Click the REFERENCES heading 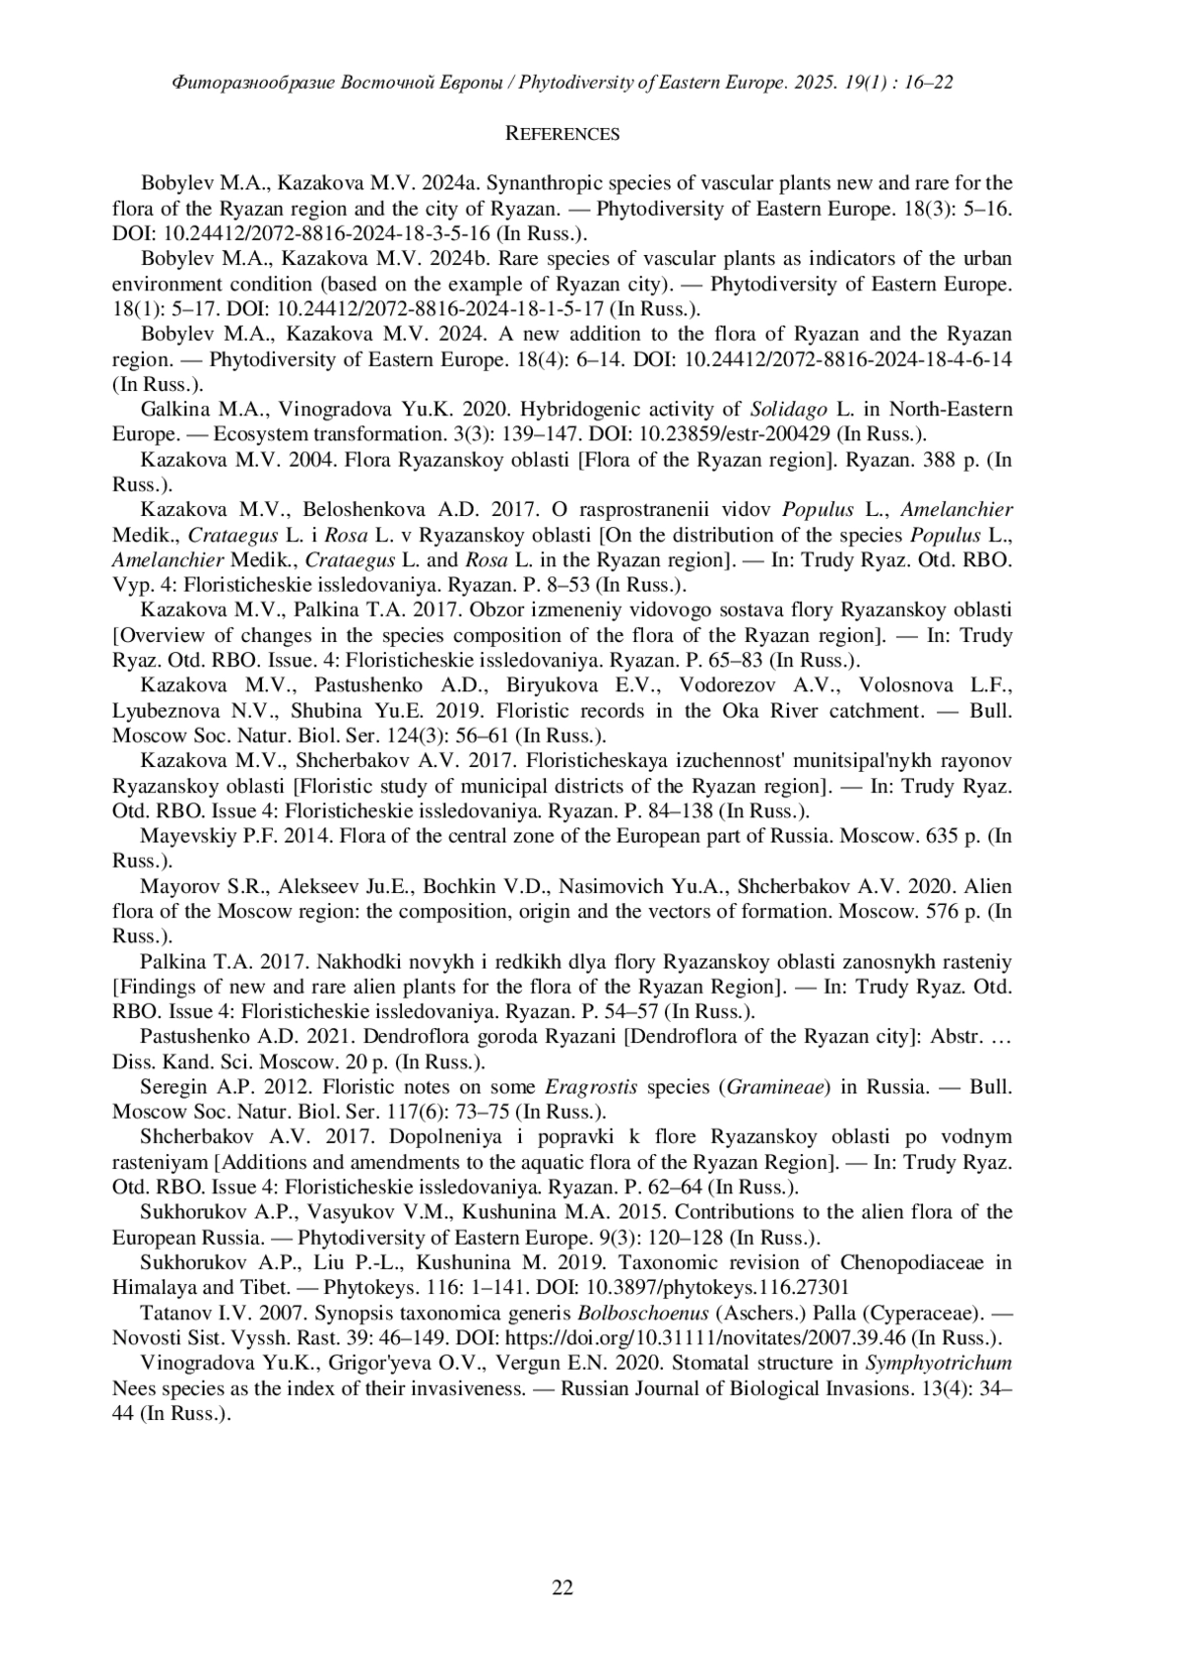561,134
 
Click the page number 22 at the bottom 562,1586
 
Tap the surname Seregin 172,1087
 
